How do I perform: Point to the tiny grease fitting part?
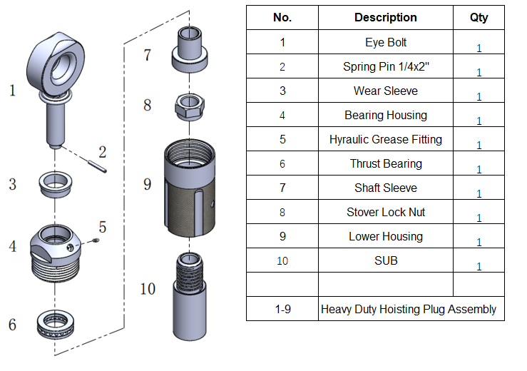(97, 240)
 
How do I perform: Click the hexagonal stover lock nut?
(188, 106)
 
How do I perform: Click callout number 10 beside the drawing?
(148, 289)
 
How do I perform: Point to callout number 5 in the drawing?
(103, 228)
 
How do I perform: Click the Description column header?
(386, 17)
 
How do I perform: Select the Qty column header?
(479, 17)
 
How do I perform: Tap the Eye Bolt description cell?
(386, 42)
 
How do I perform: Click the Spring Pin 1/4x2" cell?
(386, 67)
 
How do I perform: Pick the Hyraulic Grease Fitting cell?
(386, 139)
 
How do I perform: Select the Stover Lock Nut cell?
(386, 212)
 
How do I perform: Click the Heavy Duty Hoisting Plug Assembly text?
(409, 309)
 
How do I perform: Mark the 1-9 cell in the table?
(282, 309)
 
